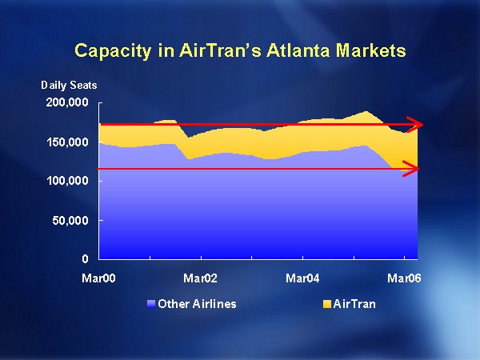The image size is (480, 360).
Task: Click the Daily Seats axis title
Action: pos(69,85)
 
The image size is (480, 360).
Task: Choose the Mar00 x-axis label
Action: pos(99,278)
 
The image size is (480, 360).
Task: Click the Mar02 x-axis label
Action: pos(201,278)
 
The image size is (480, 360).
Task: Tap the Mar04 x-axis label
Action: pos(302,278)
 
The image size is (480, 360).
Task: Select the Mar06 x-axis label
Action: pos(404,278)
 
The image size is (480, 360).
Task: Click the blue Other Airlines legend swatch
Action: pos(151,304)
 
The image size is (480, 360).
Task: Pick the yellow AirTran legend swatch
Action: pos(326,304)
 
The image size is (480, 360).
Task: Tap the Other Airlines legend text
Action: pos(197,304)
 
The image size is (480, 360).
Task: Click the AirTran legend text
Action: pos(354,304)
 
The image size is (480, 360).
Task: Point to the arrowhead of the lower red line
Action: pos(414,168)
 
